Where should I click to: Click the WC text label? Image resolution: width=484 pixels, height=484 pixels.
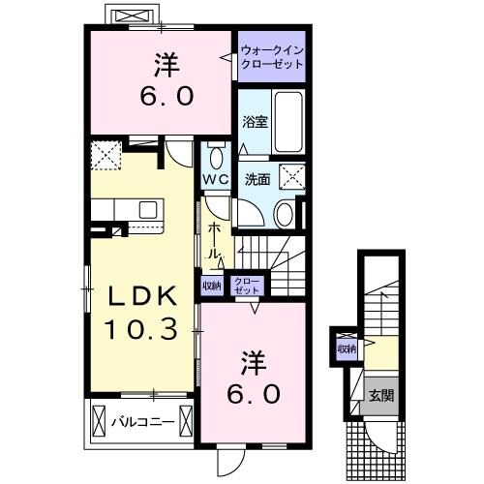click(x=215, y=180)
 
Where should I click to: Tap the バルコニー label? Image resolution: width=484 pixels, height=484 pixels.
click(x=147, y=422)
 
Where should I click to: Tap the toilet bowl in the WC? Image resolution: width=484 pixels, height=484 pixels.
click(x=216, y=155)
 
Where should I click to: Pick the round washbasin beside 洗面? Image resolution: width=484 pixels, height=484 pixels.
click(x=284, y=214)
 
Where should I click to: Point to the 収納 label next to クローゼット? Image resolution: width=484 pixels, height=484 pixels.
click(x=211, y=285)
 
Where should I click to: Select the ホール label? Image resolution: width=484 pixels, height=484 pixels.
click(x=213, y=239)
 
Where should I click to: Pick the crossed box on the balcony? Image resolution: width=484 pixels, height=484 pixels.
click(x=99, y=422)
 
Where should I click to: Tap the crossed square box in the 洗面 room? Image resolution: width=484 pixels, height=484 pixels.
click(x=291, y=175)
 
